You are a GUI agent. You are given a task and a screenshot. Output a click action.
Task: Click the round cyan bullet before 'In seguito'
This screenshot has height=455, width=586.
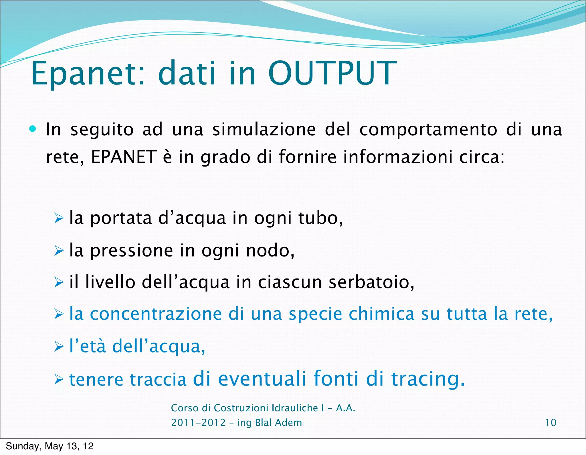tap(33, 129)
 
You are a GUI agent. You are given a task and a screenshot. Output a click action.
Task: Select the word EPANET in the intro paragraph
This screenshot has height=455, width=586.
tap(124, 157)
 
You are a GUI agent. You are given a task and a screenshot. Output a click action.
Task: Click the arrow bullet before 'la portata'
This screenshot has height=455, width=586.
tap(59, 219)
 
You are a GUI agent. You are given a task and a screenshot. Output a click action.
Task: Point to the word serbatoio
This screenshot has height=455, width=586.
tap(371, 282)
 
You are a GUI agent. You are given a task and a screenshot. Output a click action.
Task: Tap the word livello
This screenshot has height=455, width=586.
tap(110, 282)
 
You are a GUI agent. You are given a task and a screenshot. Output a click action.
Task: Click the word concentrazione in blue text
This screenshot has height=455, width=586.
tap(156, 314)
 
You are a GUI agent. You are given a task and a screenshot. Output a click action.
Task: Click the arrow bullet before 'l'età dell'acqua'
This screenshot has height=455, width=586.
tap(59, 347)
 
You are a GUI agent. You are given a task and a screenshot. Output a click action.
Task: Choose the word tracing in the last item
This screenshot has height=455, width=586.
tap(427, 379)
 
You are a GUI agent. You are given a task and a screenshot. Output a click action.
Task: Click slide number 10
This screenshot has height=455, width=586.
tap(551, 422)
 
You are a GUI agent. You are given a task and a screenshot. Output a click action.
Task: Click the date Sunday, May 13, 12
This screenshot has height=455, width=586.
tap(50, 446)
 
